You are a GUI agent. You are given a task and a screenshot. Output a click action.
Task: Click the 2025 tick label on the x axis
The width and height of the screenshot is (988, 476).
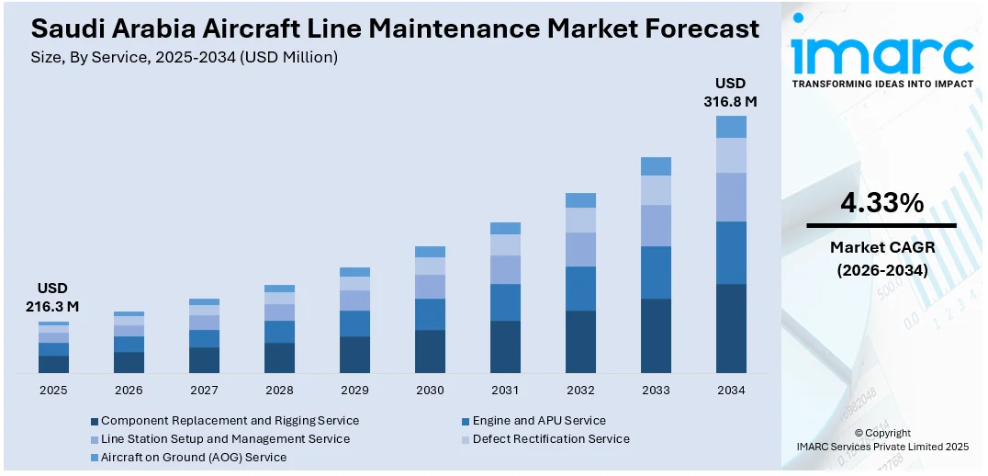[53, 391]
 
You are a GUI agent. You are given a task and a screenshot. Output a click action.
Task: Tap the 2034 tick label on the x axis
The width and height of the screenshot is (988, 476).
[731, 391]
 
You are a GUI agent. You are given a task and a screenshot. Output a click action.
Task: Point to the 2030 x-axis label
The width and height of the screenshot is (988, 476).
[430, 391]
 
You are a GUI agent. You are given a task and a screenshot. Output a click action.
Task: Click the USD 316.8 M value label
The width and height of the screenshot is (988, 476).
[731, 93]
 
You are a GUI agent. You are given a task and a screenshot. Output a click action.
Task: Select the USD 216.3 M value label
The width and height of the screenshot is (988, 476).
[53, 297]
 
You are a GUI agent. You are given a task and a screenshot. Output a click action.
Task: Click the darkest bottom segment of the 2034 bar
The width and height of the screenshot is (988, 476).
[731, 328]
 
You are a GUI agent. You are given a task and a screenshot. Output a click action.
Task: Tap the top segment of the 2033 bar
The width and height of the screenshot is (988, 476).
[656, 166]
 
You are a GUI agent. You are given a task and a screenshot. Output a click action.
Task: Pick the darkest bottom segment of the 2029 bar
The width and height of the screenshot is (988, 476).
[354, 355]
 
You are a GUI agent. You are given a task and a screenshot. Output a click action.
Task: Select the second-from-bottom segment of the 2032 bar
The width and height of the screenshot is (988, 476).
[580, 289]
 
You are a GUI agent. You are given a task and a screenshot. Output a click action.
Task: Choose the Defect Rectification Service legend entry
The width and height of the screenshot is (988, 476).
[551, 439]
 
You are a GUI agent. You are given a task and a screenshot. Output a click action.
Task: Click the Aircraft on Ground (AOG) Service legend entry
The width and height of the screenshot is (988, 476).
[194, 458]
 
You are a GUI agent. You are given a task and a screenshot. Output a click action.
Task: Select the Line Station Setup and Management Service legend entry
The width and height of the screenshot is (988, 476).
[225, 439]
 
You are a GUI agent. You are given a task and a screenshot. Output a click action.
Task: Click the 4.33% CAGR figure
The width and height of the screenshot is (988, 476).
[881, 204]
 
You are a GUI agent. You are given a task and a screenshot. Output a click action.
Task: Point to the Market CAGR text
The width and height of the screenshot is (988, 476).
[881, 247]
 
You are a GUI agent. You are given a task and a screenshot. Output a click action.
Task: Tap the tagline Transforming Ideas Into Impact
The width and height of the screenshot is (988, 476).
[881, 84]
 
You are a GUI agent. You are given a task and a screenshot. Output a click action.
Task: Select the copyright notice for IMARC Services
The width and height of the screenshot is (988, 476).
[881, 440]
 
